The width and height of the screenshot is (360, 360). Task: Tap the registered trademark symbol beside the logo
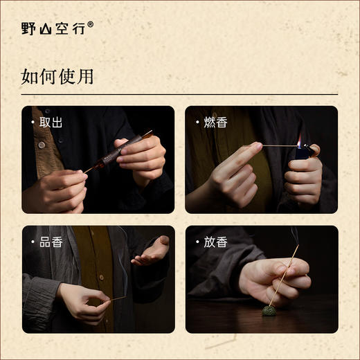click(90, 24)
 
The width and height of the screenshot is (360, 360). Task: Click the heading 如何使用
click(57, 76)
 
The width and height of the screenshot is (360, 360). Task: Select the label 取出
click(51, 123)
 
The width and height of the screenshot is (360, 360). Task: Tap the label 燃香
click(214, 123)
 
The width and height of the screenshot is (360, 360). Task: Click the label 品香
click(51, 242)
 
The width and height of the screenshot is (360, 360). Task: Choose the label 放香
click(214, 242)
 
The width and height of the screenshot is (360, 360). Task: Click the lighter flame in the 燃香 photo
click(299, 142)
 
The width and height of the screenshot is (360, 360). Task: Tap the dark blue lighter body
click(303, 153)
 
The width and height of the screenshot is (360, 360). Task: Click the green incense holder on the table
click(269, 310)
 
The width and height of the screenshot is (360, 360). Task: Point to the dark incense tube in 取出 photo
click(114, 152)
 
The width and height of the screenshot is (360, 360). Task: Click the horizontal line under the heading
click(179, 94)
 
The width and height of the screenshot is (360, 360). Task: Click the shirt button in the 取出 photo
click(41, 144)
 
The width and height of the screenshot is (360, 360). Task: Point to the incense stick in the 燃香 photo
click(277, 145)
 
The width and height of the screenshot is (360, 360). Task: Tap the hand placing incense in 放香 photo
click(273, 277)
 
